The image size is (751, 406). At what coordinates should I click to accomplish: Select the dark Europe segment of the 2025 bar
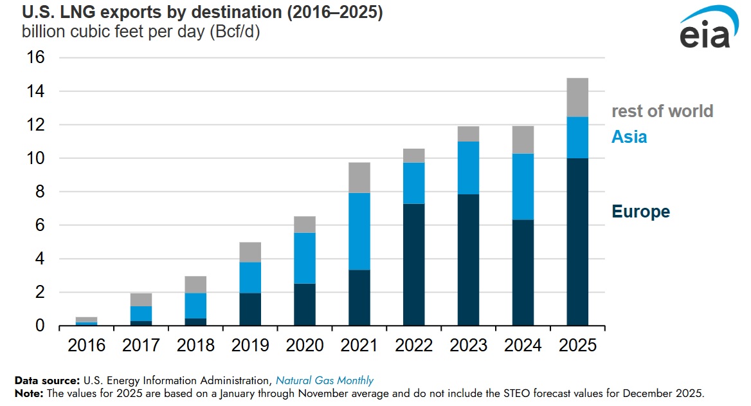pyautogui.click(x=577, y=242)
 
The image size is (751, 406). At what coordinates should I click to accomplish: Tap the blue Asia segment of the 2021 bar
pyautogui.click(x=359, y=232)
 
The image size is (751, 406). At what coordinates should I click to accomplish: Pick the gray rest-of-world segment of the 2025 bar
pyautogui.click(x=577, y=97)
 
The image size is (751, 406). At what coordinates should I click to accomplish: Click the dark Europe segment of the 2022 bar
pyautogui.click(x=414, y=264)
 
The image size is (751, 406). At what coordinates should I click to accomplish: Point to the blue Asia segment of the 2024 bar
pyautogui.click(x=523, y=187)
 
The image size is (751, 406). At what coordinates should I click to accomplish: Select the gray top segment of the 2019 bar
pyautogui.click(x=250, y=252)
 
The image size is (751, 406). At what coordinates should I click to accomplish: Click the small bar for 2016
pyautogui.click(x=86, y=321)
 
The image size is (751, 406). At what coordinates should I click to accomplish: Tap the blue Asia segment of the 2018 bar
pyautogui.click(x=195, y=306)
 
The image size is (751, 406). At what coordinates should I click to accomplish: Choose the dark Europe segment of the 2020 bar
pyautogui.click(x=305, y=304)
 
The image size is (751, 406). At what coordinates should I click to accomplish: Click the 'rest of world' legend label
pyautogui.click(x=662, y=111)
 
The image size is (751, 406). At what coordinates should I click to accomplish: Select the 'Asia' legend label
pyautogui.click(x=629, y=137)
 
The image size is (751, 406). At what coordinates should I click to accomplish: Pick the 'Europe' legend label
pyautogui.click(x=640, y=212)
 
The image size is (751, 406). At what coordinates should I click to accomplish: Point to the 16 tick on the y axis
pyautogui.click(x=35, y=58)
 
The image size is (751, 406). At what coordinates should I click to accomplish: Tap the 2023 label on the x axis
pyautogui.click(x=469, y=346)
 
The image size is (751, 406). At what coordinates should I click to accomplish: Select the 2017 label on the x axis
pyautogui.click(x=141, y=346)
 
